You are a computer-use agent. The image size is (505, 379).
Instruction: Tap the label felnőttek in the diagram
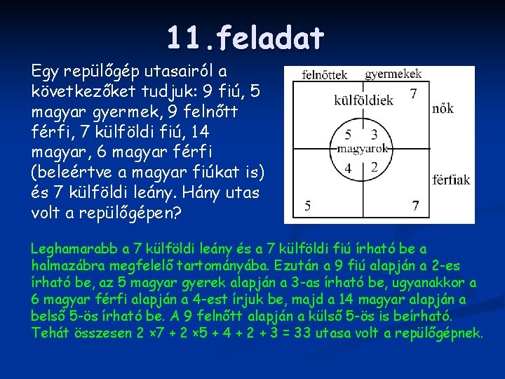tap(325, 74)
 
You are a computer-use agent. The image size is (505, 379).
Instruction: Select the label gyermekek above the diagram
tap(393, 73)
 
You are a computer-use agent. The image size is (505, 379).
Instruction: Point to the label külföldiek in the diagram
tap(364, 100)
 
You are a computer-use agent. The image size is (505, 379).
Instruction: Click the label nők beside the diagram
tap(443, 108)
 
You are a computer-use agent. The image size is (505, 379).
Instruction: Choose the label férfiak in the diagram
tap(451, 180)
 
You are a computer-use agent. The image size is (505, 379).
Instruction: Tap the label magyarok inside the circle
tap(363, 149)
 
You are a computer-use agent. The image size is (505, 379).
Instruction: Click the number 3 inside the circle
tap(374, 135)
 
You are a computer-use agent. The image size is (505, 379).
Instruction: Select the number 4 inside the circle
tap(349, 168)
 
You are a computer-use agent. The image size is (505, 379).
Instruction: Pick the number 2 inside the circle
tap(375, 167)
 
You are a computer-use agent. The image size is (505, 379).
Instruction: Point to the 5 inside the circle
tap(349, 135)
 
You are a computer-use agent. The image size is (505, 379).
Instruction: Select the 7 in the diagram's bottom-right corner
tap(416, 206)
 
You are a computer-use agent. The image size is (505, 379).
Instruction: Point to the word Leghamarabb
tap(74, 248)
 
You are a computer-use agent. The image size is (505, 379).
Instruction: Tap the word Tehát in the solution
tap(49, 333)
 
